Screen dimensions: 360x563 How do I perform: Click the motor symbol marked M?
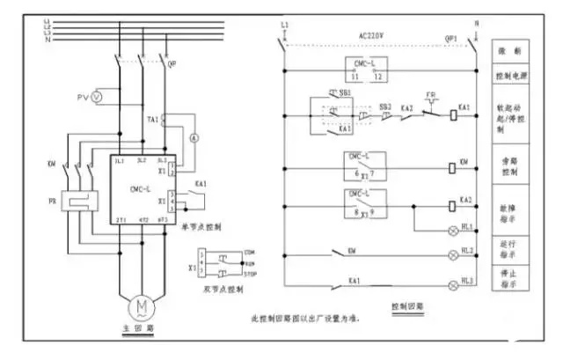click(141, 306)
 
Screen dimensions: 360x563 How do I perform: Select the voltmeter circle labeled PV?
click(97, 93)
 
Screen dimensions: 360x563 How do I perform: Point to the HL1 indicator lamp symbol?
click(454, 226)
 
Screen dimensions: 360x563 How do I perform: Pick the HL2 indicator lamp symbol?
click(454, 256)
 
